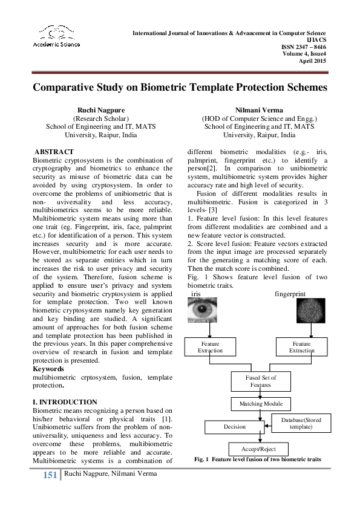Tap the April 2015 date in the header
[x=313, y=60]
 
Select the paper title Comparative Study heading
[x=180, y=87]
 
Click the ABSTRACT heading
[x=54, y=152]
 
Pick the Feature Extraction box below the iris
[x=209, y=347]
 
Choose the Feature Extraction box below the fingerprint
[x=301, y=347]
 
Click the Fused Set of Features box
[x=260, y=381]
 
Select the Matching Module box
[x=260, y=404]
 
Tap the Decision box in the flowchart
[x=234, y=427]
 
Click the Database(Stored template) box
[x=301, y=423]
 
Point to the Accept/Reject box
[x=258, y=449]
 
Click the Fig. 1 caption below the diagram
[x=257, y=460]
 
